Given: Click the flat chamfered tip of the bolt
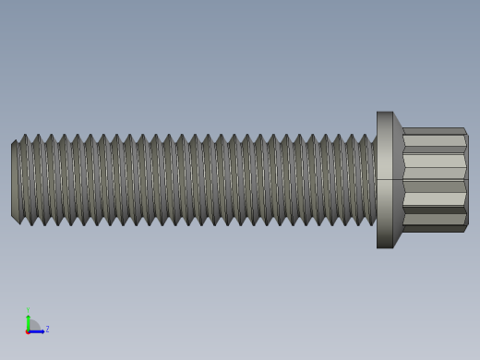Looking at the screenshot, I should pos(15,180).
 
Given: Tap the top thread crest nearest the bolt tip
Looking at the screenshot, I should pos(24,138).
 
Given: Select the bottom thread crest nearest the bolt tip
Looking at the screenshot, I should pos(30,222).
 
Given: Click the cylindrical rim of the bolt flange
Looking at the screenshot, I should pos(385,180).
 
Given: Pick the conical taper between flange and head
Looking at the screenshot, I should pos(398,180).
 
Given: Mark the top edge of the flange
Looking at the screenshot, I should pos(385,113).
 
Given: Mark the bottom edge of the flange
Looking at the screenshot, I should pos(385,247).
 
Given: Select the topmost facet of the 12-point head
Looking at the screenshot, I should pos(433,131).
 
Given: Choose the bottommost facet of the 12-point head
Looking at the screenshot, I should pos(433,228).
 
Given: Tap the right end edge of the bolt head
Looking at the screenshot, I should pos(467,180).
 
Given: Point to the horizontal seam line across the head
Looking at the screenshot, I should pos(434,179).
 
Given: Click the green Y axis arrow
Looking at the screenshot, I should pos(28,319).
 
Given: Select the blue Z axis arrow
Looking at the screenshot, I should pos(37,330).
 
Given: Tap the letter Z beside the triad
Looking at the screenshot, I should pos(47,329).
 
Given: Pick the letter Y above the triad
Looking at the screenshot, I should pos(28,311).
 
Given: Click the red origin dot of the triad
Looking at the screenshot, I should pos(28,330).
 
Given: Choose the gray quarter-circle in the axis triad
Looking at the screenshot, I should pos(32,326).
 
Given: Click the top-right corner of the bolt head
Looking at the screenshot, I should pos(464,130).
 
